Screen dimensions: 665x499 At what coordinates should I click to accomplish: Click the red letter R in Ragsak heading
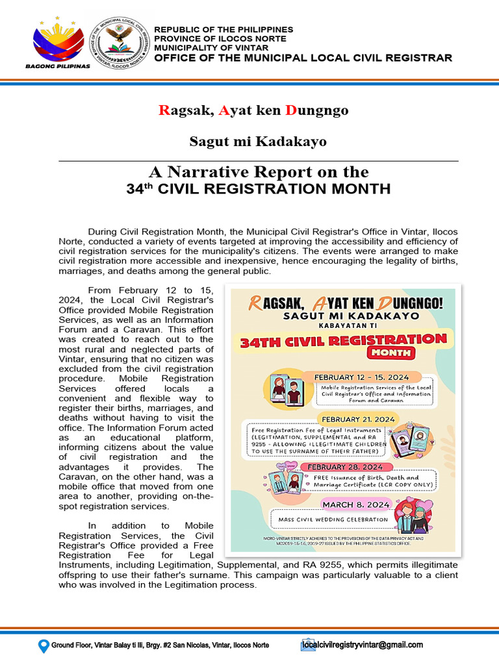[x=163, y=110]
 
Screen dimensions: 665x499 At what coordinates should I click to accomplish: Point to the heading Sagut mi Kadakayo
[x=258, y=141]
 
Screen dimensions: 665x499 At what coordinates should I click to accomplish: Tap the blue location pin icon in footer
[x=44, y=646]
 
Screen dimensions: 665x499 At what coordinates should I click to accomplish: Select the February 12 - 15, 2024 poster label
[x=361, y=377]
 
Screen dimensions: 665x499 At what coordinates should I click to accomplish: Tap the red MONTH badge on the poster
[x=391, y=353]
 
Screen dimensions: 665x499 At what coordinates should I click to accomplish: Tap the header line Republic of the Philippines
[x=223, y=30]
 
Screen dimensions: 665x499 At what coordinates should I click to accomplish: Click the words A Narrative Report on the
[x=258, y=172]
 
